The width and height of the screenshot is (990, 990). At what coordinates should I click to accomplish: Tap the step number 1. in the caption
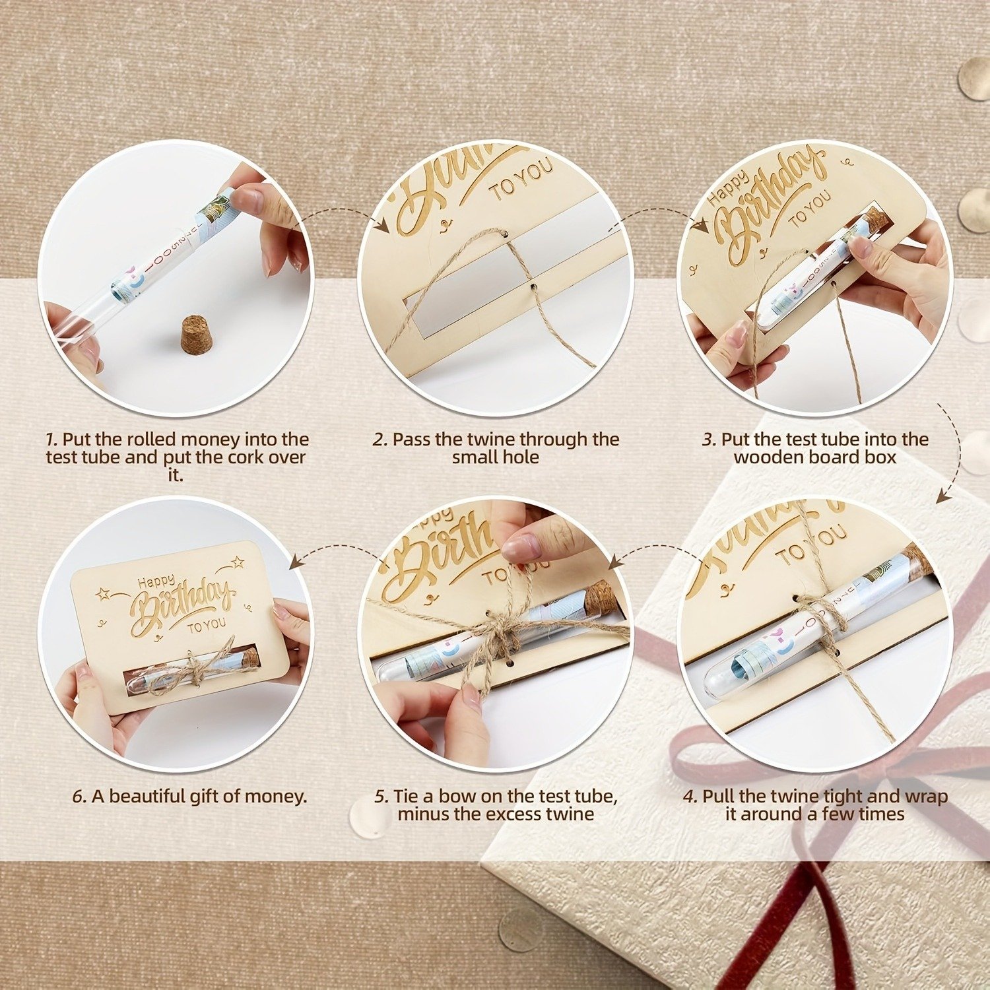click(51, 440)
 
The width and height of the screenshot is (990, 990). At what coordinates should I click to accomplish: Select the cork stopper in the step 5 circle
click(601, 597)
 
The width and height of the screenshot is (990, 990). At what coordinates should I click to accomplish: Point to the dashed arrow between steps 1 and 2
click(342, 213)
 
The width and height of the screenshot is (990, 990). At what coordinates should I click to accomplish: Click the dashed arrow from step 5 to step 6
click(337, 550)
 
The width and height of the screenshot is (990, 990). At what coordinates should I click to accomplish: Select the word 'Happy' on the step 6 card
click(156, 581)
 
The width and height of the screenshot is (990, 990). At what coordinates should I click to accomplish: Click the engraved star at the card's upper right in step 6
click(237, 562)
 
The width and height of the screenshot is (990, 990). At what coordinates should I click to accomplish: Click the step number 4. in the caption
click(690, 797)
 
